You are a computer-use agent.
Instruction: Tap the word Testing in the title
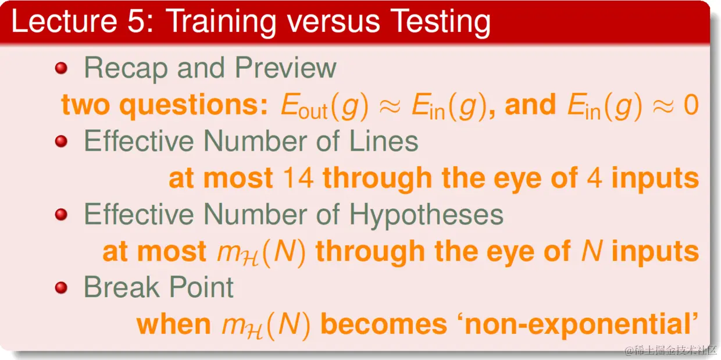coord(441,23)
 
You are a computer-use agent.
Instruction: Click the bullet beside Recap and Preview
coord(61,68)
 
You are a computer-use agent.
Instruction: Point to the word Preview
coord(285,67)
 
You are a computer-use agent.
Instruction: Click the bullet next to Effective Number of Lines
coord(61,141)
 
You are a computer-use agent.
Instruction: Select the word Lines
coord(384,141)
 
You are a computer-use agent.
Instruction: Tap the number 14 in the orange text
coord(298,178)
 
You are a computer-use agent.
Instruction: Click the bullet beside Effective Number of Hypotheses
coord(61,215)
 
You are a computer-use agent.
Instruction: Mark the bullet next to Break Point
coord(61,287)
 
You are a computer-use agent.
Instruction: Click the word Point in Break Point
coord(201,287)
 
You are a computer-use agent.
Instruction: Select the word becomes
coord(384,325)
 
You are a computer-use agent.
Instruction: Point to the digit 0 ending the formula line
coord(691,105)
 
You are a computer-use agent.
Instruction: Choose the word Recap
coord(126,69)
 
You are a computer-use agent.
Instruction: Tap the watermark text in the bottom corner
coord(672,350)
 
